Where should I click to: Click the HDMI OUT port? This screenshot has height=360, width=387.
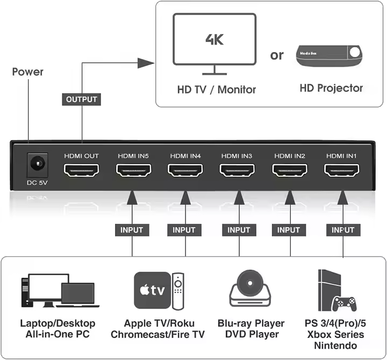tap(82, 171)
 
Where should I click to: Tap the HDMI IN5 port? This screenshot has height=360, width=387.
tap(133, 171)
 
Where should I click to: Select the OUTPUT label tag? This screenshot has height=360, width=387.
tap(82, 99)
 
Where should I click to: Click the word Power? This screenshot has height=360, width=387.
tap(27, 71)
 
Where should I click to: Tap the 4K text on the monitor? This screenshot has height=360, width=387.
tap(214, 39)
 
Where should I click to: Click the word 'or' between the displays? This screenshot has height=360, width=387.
tap(277, 55)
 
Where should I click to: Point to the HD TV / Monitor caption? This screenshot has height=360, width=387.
tap(217, 89)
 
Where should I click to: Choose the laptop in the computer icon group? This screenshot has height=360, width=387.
tap(77, 294)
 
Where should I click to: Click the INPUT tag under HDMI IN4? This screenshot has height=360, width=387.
tap(184, 230)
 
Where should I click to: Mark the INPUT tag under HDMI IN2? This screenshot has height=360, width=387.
tap(289, 230)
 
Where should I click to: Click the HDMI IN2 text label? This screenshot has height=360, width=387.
tap(290, 156)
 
